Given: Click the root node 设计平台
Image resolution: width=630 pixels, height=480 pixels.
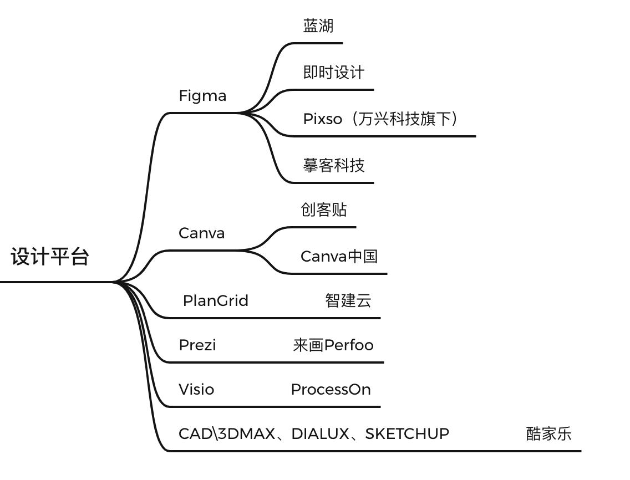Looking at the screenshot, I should (50, 257).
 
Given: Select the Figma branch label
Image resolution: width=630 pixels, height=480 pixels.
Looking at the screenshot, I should (202, 96).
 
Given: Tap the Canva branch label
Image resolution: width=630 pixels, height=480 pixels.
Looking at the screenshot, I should (202, 233).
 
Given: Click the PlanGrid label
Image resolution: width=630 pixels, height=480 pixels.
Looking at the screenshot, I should (216, 301).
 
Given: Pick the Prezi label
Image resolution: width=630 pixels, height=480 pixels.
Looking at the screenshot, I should (197, 345).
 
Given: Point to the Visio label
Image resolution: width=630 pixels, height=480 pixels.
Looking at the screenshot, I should (196, 390).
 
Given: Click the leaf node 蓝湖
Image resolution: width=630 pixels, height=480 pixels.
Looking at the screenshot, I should (318, 26).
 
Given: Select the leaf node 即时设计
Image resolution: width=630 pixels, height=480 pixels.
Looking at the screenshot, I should (334, 73).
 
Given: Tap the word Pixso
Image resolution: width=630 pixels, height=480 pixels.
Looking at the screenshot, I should (322, 119).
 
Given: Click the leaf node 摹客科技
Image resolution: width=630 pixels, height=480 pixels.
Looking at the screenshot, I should (334, 166).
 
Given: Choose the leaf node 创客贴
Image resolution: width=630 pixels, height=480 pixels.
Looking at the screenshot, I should (324, 210).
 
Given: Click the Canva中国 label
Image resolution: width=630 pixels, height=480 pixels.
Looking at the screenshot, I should (339, 257).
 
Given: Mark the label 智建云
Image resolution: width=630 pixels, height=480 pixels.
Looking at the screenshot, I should (348, 301).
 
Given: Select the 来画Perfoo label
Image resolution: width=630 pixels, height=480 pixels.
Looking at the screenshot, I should (333, 345).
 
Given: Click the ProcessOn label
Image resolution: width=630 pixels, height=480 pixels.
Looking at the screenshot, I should (331, 390).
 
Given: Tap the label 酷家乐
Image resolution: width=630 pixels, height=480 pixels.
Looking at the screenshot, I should (548, 434).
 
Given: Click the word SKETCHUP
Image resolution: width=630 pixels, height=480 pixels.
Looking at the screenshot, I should (407, 434).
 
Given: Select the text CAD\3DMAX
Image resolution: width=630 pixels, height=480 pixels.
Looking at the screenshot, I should (226, 434).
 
